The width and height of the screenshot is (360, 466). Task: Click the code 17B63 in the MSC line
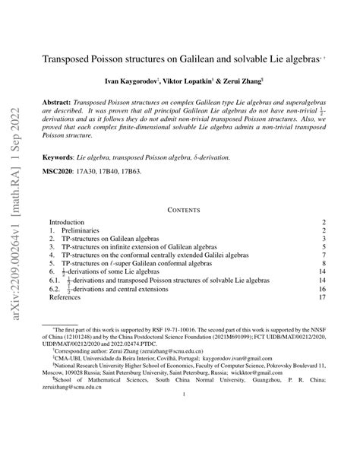pos(149,172)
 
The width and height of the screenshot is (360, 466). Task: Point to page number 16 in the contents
pos(321,288)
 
